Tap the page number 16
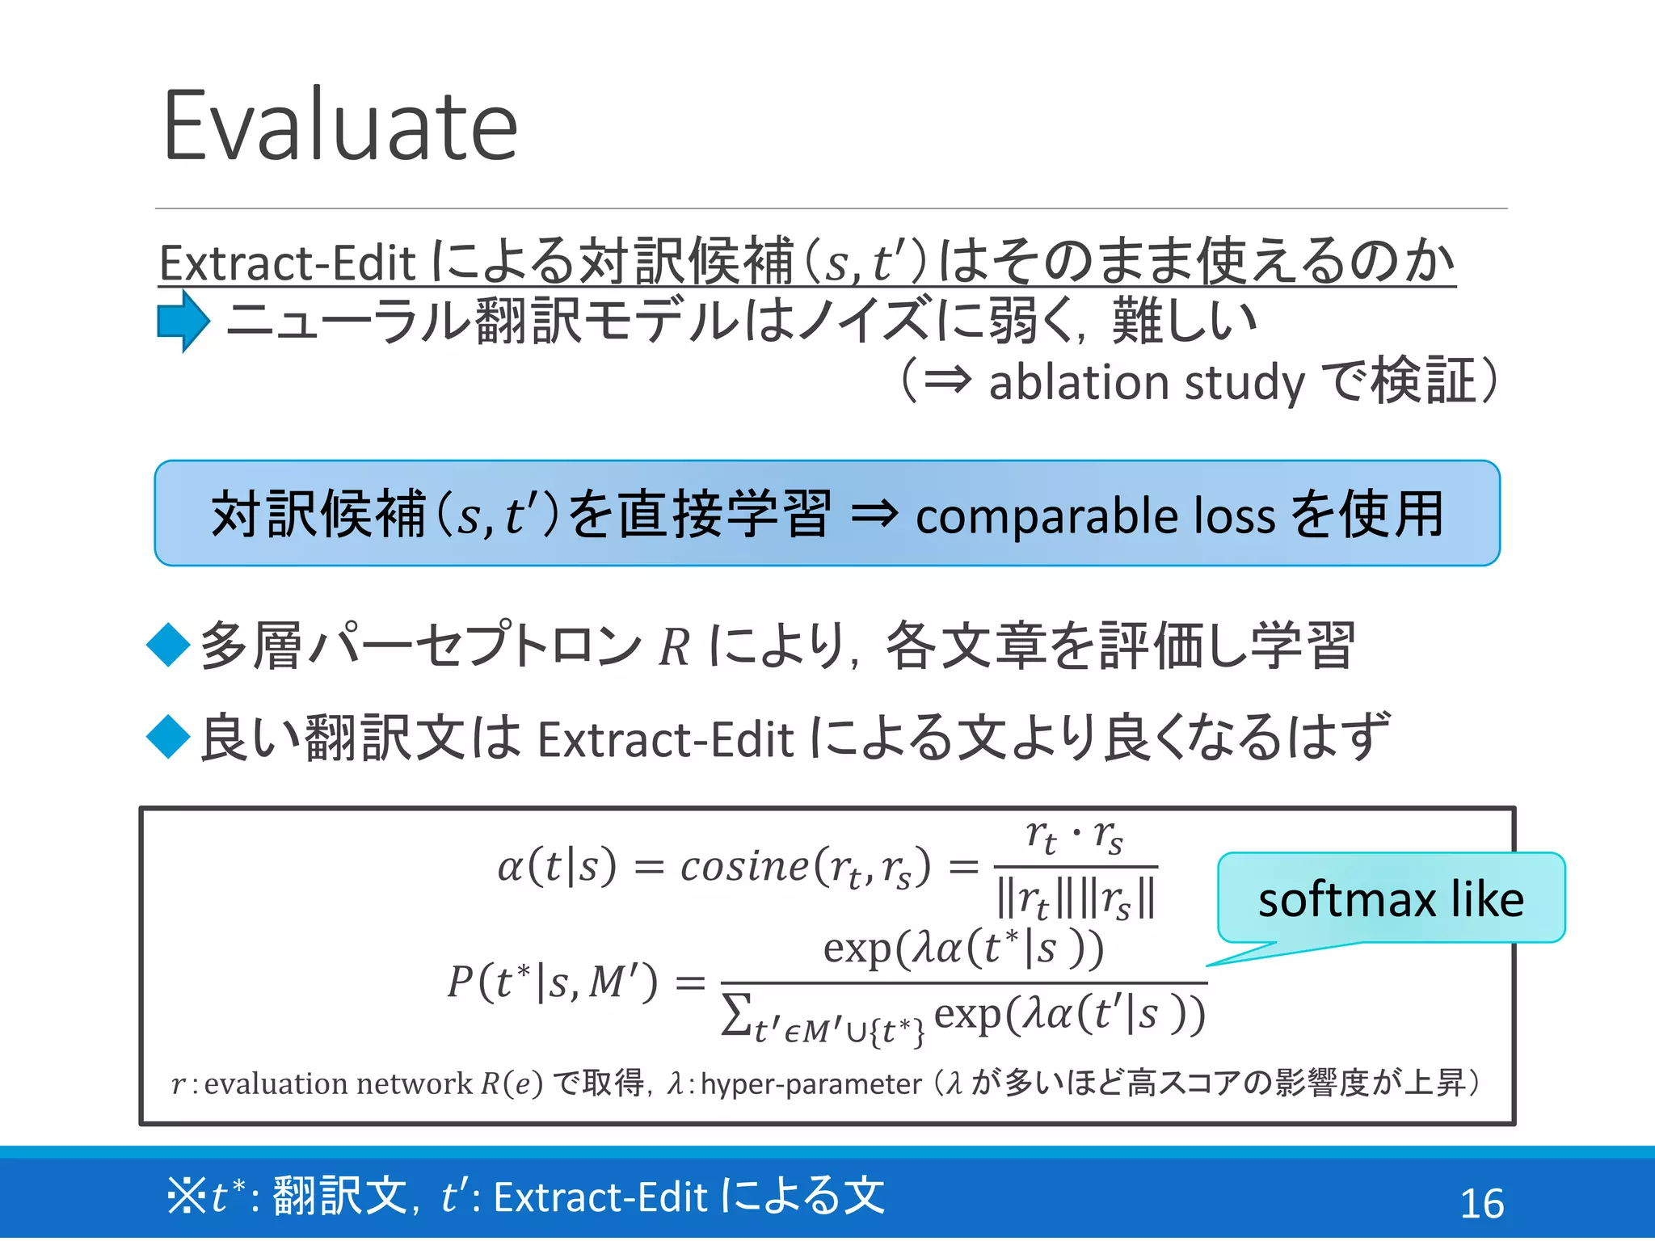(1481, 1203)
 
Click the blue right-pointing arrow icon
(183, 321)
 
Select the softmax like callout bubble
(1391, 898)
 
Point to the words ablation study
(1147, 382)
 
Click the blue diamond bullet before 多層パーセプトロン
(169, 645)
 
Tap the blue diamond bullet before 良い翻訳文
(169, 737)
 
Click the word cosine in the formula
(743, 867)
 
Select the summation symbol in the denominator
(735, 1015)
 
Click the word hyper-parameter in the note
(811, 1083)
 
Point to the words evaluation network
(338, 1083)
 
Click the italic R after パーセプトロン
(674, 647)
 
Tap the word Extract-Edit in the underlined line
(287, 263)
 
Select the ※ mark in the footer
(187, 1197)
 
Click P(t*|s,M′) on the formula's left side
(553, 982)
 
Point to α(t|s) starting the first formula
(557, 867)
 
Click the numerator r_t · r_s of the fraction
(1074, 837)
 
